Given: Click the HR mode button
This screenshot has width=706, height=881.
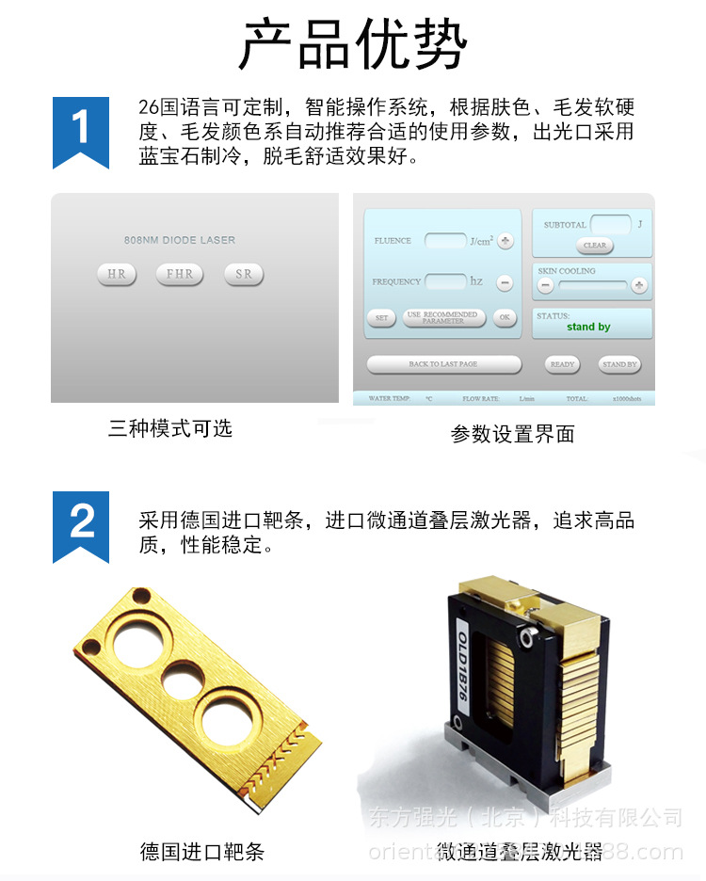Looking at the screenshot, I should (117, 275).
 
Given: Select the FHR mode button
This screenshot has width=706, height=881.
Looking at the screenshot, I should (180, 275).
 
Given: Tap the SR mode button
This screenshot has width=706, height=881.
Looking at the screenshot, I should (244, 275).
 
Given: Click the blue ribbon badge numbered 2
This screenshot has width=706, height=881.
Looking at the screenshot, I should (81, 524).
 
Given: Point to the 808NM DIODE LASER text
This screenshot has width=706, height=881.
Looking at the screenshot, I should (180, 241).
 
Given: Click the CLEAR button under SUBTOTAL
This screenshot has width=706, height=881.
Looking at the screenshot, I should (595, 246).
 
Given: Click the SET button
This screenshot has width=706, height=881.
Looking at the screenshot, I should (381, 318).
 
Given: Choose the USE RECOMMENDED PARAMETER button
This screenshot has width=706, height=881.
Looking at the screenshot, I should (443, 318).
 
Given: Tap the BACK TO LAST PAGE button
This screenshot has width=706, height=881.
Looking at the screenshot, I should (443, 364).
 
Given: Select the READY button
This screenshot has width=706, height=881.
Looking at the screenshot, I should (563, 364).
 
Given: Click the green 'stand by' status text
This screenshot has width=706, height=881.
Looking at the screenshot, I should (588, 328).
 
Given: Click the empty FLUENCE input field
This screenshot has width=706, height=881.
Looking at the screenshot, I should (445, 241).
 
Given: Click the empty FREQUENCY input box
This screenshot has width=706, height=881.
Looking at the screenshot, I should (445, 281).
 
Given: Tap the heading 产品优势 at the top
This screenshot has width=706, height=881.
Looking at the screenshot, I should (353, 45).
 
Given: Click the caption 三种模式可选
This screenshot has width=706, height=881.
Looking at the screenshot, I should (170, 429).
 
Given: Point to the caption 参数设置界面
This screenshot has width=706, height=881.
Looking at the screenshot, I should (512, 434).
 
